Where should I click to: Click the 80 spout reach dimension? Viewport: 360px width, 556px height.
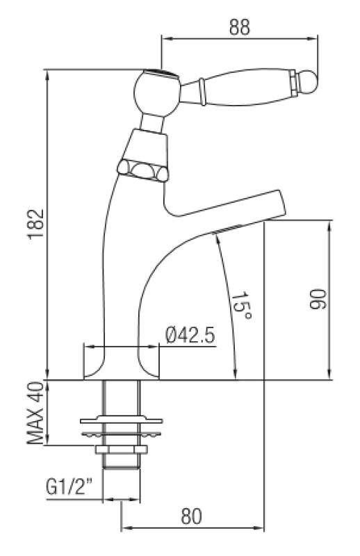point(193,516)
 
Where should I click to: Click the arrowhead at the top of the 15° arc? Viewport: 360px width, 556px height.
point(216,236)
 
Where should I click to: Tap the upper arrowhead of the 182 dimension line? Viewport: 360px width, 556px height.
point(47,72)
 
